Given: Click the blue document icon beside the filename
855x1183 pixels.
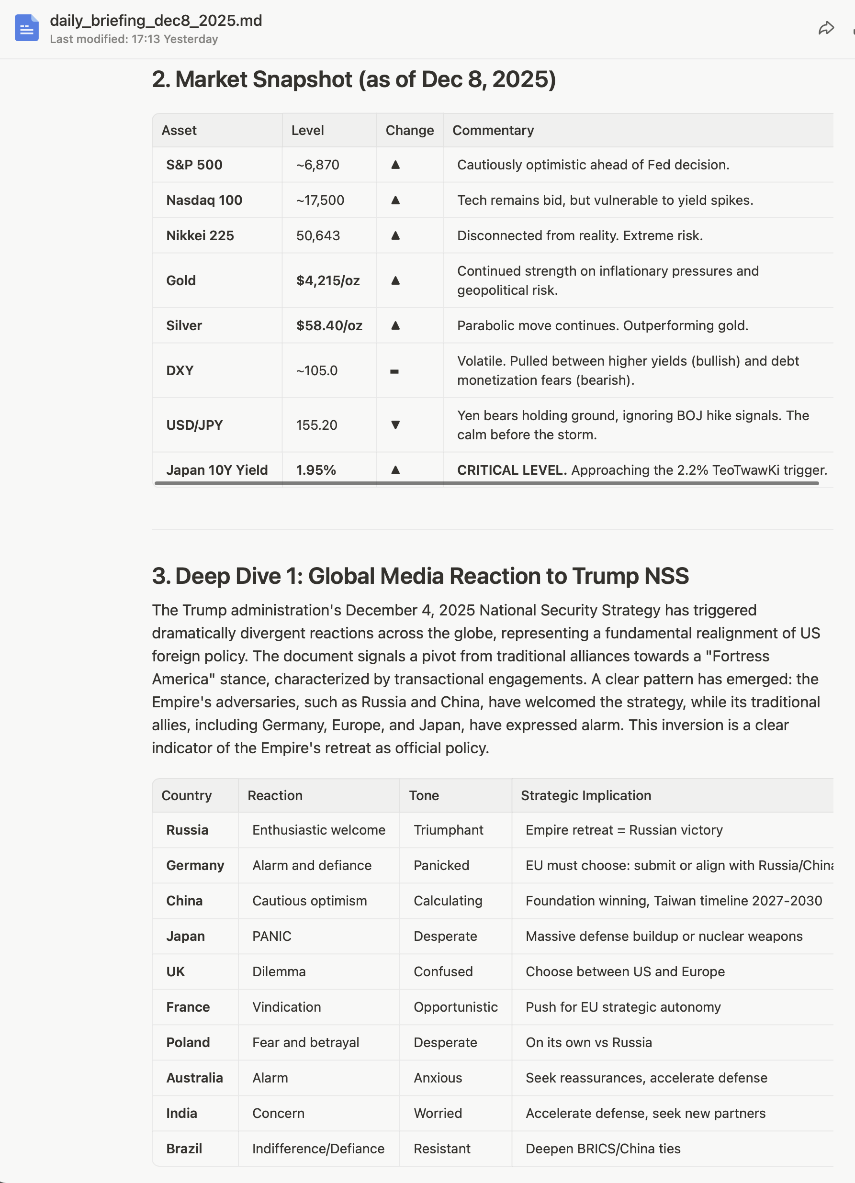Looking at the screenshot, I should click(x=27, y=28).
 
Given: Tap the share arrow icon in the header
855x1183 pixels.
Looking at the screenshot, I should click(x=826, y=28).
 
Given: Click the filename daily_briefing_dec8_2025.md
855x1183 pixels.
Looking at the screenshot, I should click(x=156, y=21).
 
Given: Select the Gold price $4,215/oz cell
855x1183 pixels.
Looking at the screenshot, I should click(x=327, y=280).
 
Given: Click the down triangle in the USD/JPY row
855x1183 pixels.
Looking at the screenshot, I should click(x=395, y=425).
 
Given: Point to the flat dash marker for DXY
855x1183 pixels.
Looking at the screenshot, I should click(x=394, y=371).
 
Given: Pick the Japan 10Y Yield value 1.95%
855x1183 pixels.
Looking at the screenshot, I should click(x=315, y=470).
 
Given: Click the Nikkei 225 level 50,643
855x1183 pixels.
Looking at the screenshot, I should click(x=318, y=236).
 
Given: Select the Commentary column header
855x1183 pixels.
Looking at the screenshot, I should click(x=493, y=130).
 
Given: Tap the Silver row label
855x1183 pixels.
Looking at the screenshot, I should click(x=184, y=325).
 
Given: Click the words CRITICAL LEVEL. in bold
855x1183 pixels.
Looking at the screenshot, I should click(x=512, y=470).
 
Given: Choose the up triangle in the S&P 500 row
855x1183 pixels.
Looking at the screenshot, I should click(x=395, y=165).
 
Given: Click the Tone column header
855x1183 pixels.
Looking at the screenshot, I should click(x=424, y=795).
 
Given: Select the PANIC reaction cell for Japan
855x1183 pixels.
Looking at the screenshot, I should click(x=272, y=936).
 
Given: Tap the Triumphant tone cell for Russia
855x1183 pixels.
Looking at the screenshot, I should click(x=448, y=830).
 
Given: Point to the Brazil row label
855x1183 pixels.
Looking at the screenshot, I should click(x=184, y=1149).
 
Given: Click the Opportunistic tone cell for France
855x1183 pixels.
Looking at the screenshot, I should click(x=455, y=1007).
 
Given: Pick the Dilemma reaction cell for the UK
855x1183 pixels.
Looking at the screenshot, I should click(x=279, y=971).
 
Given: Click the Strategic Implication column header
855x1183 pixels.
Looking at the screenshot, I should click(x=586, y=795).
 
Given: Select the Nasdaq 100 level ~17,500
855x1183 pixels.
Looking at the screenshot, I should click(x=320, y=201).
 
